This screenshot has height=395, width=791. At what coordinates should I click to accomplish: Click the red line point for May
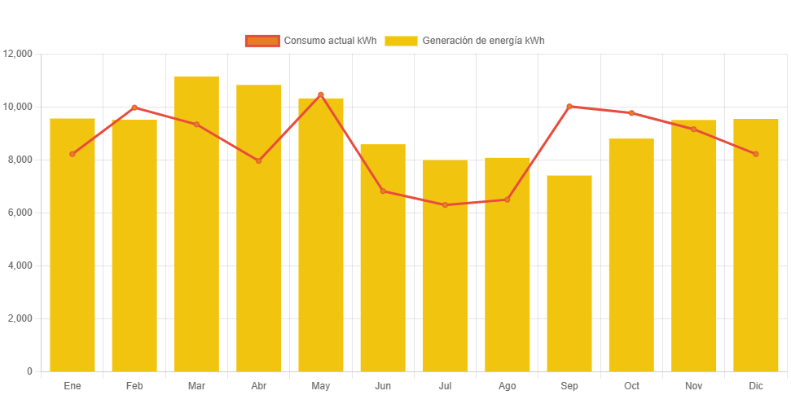click(321, 95)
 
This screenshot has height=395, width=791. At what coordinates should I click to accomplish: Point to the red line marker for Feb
click(134, 108)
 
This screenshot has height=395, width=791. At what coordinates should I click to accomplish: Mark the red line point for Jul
click(445, 205)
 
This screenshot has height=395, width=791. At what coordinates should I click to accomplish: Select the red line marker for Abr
click(259, 160)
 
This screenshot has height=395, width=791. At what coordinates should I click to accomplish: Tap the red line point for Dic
click(756, 154)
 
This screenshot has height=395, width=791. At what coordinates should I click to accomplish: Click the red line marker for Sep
click(569, 107)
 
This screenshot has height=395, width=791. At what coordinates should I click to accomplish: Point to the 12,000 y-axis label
click(18, 54)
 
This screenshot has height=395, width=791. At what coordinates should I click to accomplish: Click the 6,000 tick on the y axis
click(20, 213)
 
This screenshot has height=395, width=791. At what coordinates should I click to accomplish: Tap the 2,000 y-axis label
click(20, 318)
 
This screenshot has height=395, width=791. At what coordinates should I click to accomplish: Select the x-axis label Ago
click(507, 385)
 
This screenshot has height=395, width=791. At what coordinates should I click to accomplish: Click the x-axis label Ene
click(73, 385)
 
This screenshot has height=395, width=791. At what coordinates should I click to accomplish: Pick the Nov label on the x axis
click(693, 385)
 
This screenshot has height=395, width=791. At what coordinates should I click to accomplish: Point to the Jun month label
click(383, 385)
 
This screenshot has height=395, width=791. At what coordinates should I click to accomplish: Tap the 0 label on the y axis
click(29, 371)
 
